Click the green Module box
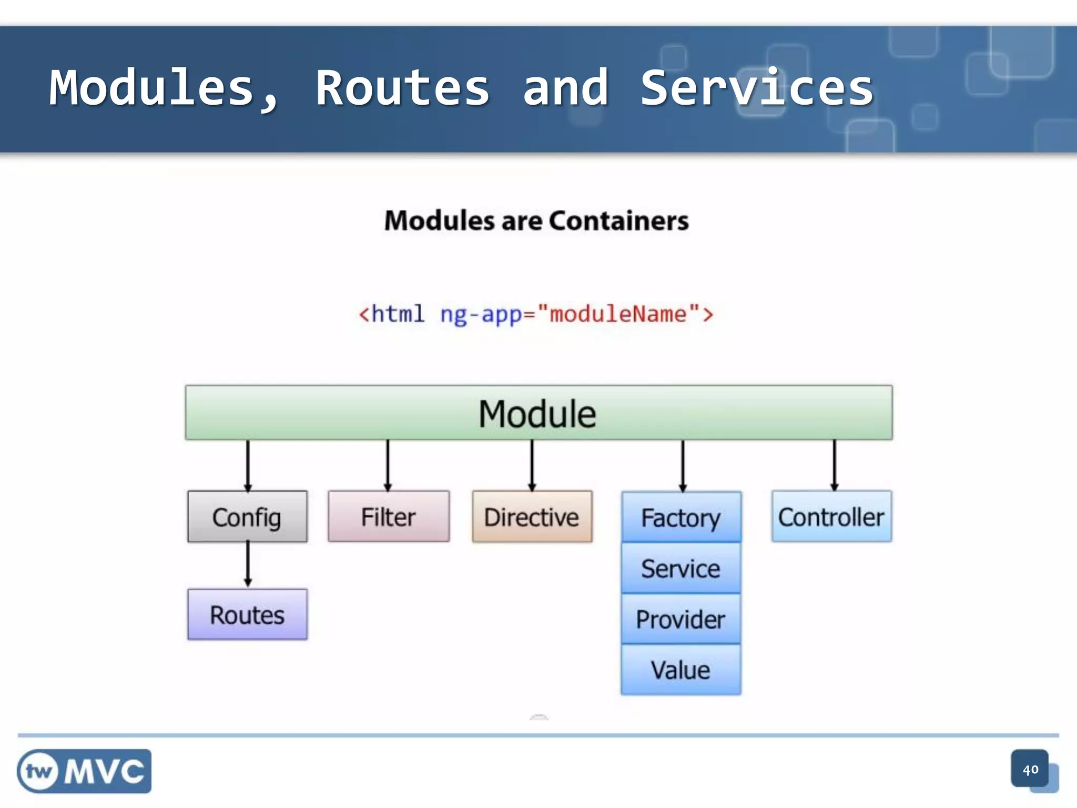click(x=538, y=413)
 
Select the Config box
click(x=247, y=517)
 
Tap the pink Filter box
click(x=389, y=517)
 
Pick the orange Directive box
click(x=532, y=517)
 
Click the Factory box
click(x=681, y=518)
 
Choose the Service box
click(x=681, y=568)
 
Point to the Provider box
click(x=681, y=619)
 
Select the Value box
click(x=681, y=670)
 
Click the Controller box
click(x=831, y=517)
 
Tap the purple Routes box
click(x=247, y=614)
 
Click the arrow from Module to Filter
click(x=388, y=465)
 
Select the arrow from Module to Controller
click(x=834, y=465)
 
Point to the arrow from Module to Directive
click(x=532, y=465)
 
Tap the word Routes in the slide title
click(x=402, y=88)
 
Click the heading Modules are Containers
click(x=536, y=220)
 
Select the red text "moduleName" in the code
click(x=618, y=314)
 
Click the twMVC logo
click(x=84, y=771)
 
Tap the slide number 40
click(x=1030, y=770)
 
